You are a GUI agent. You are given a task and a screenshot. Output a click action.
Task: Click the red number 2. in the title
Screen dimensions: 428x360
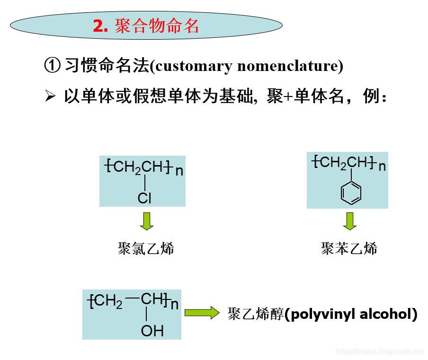(100, 26)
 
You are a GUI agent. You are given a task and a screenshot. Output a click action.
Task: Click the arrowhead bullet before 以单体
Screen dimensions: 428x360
(50, 97)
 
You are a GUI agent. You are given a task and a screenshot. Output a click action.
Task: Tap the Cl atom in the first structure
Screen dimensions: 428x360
(144, 198)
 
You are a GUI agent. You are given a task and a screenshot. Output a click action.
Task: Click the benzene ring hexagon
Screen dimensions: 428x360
(351, 193)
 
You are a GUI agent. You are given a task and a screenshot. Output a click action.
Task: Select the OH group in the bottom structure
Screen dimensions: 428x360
(152, 331)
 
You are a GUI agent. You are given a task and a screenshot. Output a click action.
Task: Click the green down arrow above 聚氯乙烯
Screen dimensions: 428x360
(147, 221)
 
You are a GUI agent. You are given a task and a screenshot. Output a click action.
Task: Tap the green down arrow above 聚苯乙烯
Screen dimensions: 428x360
(350, 221)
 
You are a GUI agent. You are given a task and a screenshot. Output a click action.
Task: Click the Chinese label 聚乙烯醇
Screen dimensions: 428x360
(255, 314)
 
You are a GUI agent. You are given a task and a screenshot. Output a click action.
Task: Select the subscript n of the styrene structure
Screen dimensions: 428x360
(382, 167)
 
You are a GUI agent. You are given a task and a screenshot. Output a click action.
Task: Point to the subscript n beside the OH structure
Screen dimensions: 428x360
(174, 304)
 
